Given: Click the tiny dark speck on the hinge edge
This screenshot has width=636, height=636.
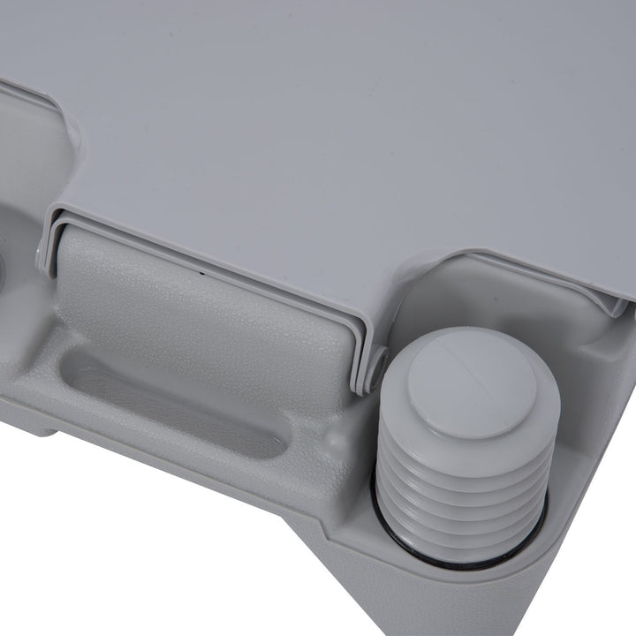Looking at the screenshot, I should tap(202, 273).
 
